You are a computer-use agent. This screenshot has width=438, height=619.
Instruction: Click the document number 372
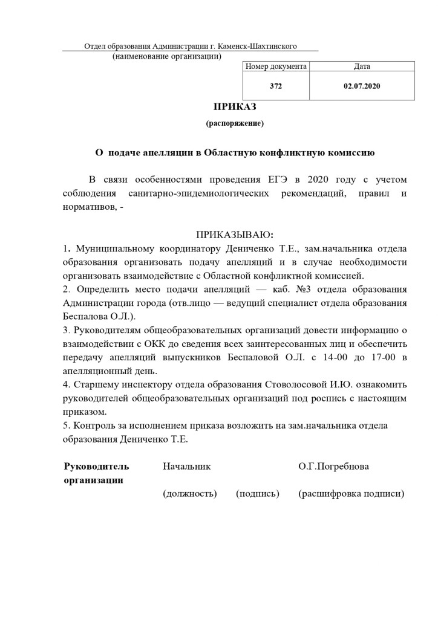(x=276, y=86)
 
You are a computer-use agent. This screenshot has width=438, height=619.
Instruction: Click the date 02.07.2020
(x=362, y=86)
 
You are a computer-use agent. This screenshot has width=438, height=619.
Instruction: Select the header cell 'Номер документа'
(x=276, y=66)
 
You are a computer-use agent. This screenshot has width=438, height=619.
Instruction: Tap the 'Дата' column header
(x=362, y=66)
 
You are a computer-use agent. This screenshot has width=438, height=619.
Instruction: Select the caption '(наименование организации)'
(x=167, y=57)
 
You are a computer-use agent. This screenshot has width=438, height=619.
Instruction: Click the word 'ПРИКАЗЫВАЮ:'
(x=235, y=234)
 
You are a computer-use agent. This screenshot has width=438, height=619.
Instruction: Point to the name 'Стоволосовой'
(x=295, y=385)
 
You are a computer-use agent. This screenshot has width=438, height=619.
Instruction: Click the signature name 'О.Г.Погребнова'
(x=333, y=467)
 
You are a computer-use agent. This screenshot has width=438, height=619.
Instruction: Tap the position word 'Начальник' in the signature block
(x=186, y=467)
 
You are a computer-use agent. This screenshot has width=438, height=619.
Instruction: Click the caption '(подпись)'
(x=258, y=494)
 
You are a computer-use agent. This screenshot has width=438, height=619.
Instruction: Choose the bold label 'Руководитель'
(x=96, y=467)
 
